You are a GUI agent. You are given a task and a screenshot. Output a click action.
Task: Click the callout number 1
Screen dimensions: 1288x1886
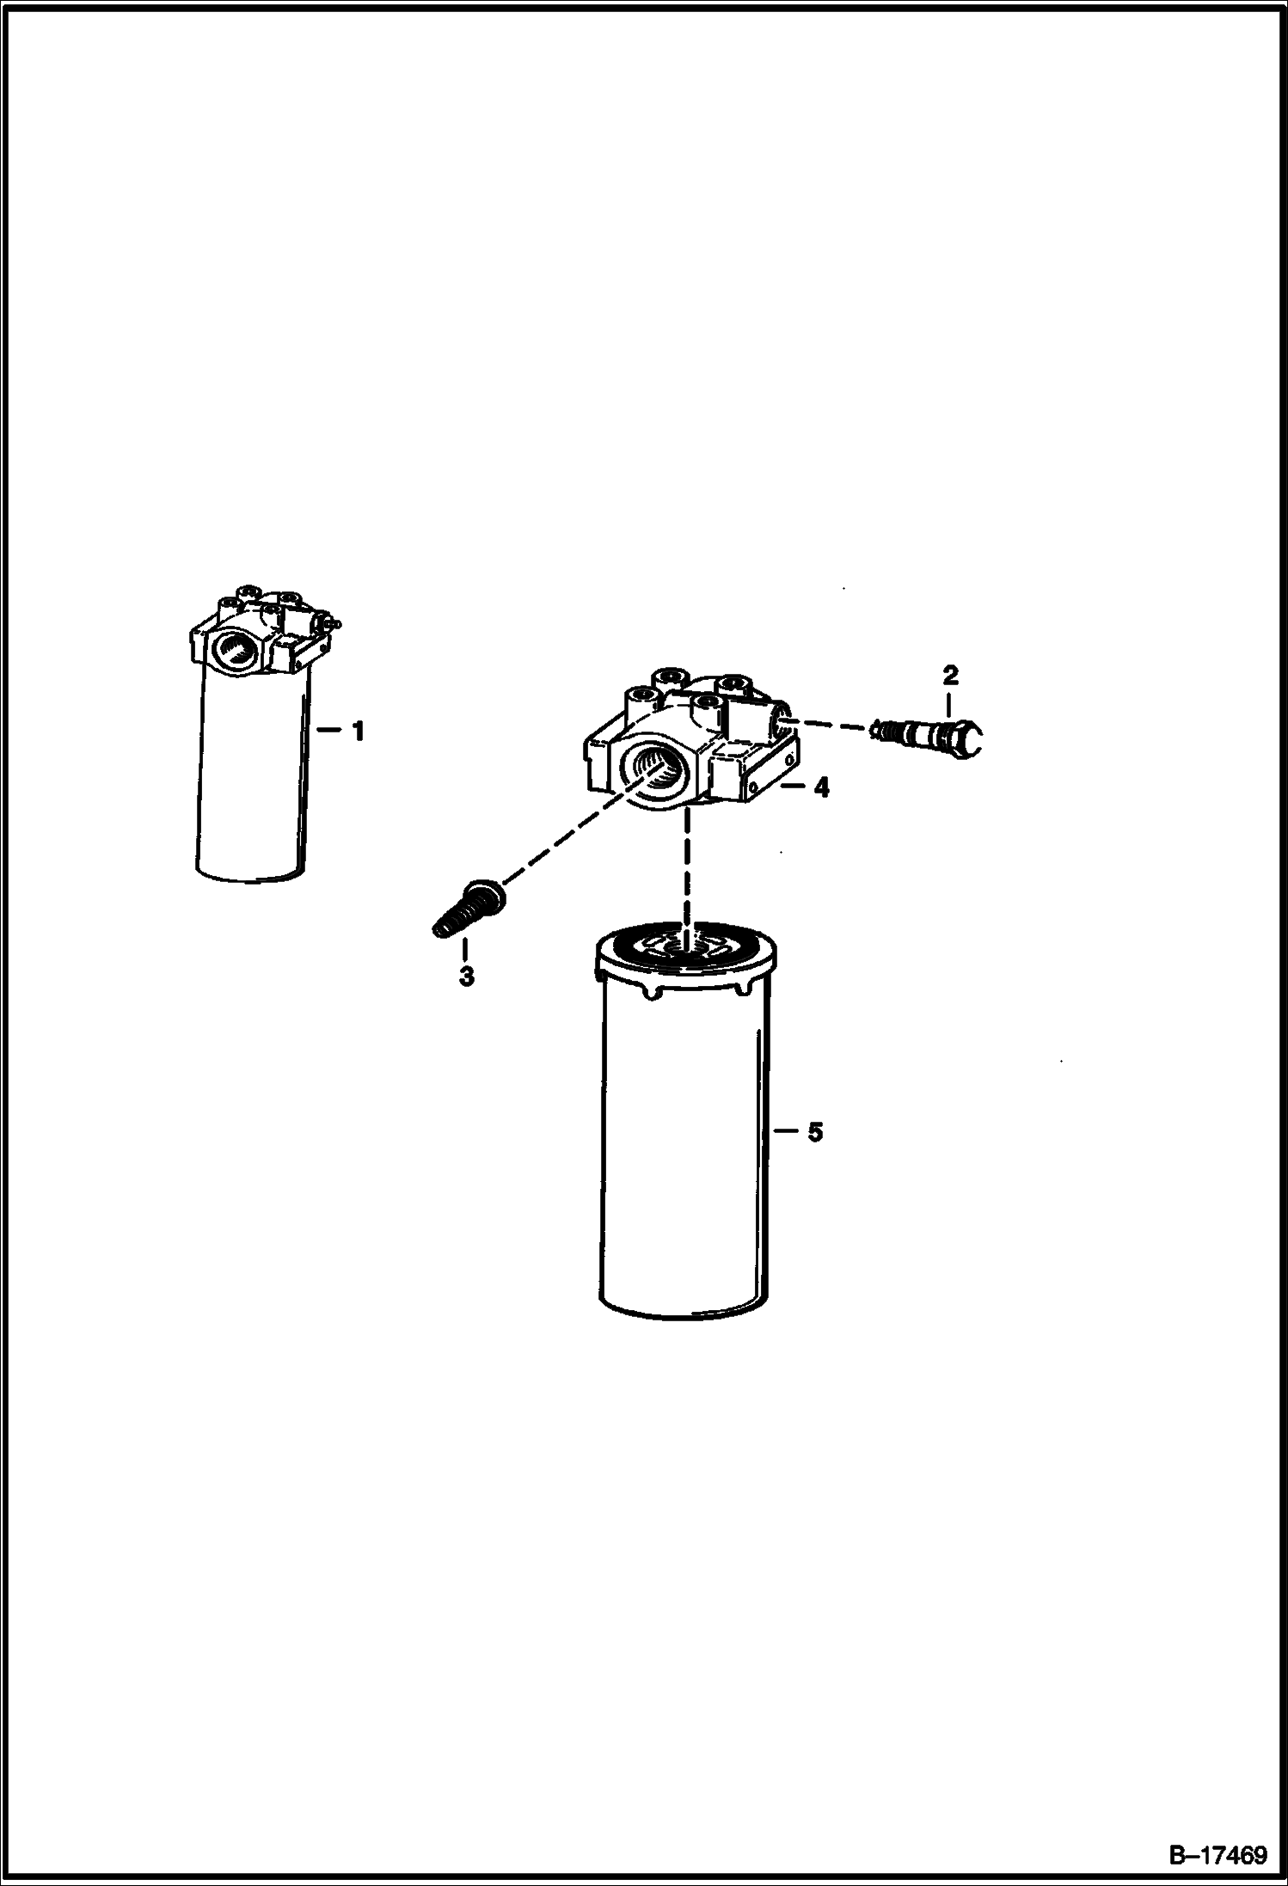pyautogui.click(x=357, y=732)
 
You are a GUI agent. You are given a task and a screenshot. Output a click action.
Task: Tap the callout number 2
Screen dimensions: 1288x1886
pyautogui.click(x=950, y=675)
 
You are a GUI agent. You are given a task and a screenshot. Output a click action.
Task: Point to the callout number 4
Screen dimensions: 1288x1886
pyautogui.click(x=821, y=787)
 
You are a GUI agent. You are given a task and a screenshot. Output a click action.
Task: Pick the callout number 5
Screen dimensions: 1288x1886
pyautogui.click(x=815, y=1132)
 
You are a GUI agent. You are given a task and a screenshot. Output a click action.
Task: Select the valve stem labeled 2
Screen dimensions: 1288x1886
pyautogui.click(x=929, y=732)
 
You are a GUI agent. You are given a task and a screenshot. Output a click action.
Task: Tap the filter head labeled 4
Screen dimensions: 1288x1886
pyautogui.click(x=693, y=739)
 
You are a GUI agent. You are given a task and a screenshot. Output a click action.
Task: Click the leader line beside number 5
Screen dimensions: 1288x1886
pyautogui.click(x=787, y=1132)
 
